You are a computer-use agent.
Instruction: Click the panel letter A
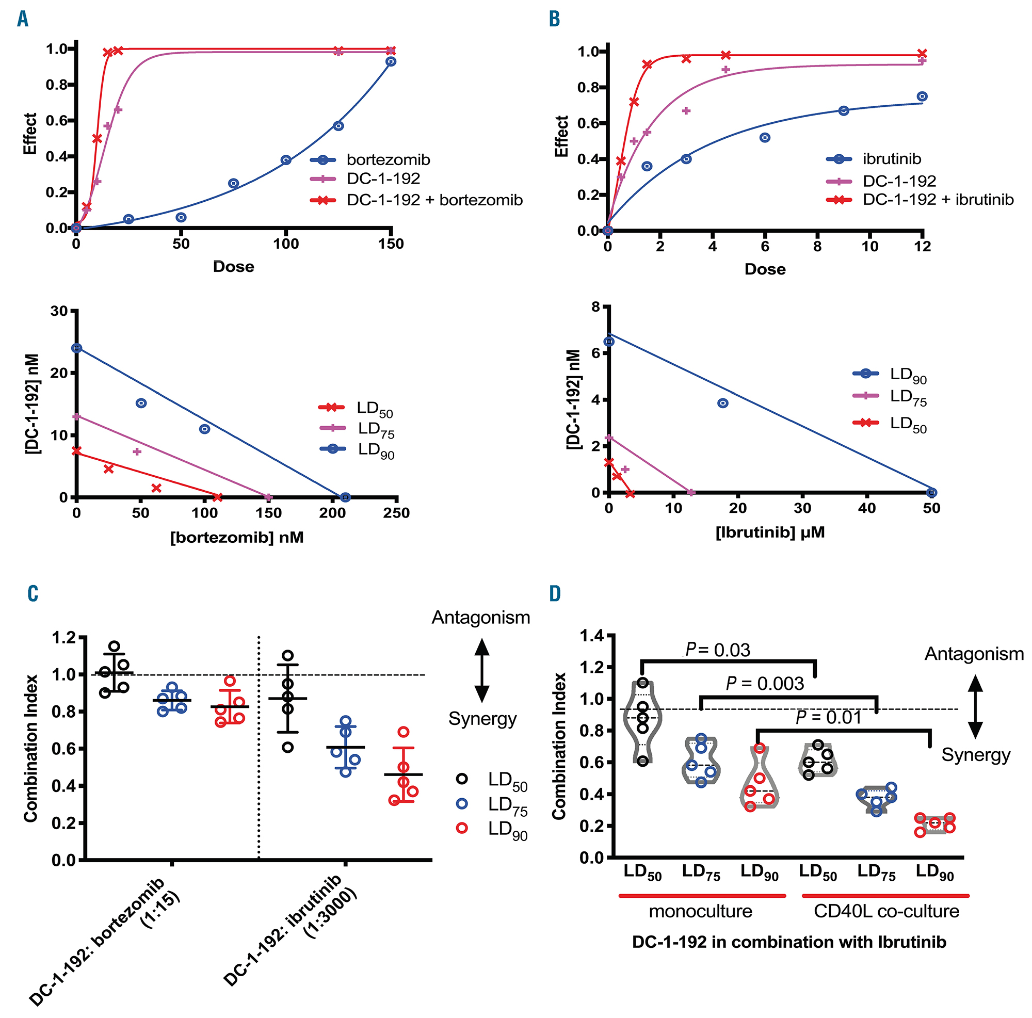click(22, 19)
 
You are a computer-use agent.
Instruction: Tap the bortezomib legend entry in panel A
click(388, 160)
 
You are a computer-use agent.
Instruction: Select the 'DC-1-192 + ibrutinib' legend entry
click(938, 200)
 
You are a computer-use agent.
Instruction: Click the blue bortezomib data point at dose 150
click(391, 62)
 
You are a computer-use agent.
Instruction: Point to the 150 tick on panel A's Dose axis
click(391, 244)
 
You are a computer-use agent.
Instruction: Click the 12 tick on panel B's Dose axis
click(923, 246)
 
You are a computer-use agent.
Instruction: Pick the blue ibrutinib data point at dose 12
click(922, 96)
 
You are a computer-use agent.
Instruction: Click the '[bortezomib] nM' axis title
click(237, 537)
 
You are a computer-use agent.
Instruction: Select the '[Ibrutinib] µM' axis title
click(770, 532)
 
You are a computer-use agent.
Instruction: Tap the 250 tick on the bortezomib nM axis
click(396, 513)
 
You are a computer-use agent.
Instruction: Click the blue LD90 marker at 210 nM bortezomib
click(345, 497)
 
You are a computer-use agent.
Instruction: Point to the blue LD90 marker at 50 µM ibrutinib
click(931, 492)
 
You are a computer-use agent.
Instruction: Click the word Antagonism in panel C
click(481, 618)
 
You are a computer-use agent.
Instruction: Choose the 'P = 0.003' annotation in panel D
click(764, 684)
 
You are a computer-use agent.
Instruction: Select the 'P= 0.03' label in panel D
click(717, 650)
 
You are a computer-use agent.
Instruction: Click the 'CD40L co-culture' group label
click(886, 911)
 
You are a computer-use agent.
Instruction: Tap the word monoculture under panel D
click(700, 911)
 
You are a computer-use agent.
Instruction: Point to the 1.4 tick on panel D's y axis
click(591, 636)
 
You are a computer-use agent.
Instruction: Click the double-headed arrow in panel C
click(482, 670)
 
